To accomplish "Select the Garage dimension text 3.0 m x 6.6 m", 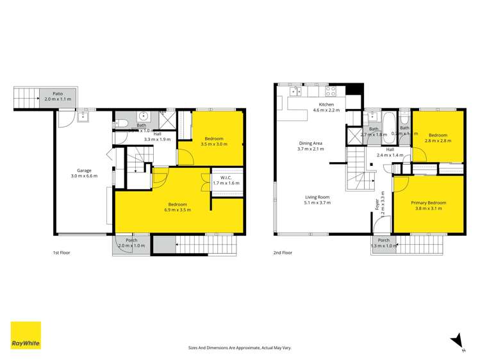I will point(84,176).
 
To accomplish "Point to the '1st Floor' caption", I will point(62,252).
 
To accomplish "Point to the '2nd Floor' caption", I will point(283,252).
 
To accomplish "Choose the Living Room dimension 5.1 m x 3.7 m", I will point(317,202).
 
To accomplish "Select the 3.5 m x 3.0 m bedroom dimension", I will point(213,145).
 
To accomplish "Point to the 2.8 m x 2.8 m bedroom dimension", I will point(438,141).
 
